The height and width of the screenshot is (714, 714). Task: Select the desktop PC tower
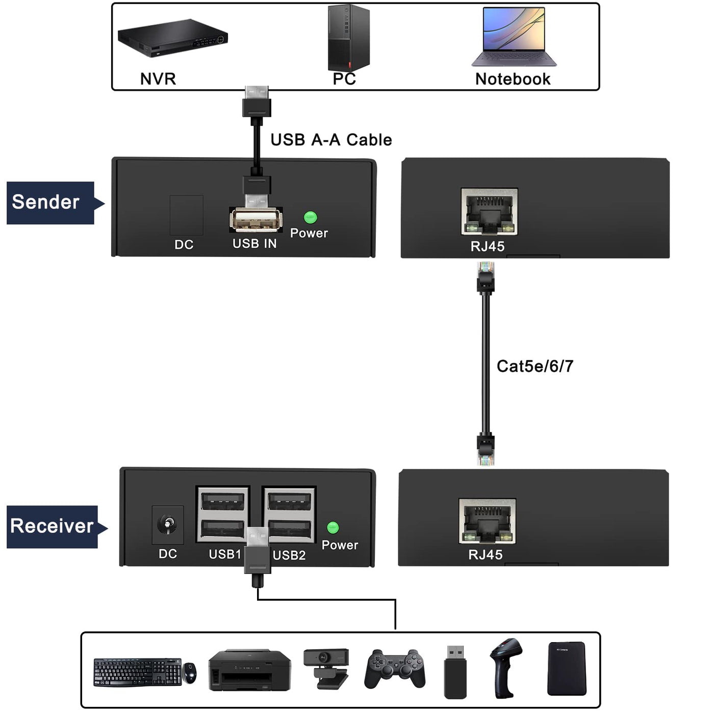pyautogui.click(x=348, y=38)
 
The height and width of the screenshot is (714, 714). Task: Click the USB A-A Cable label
pyautogui.click(x=331, y=140)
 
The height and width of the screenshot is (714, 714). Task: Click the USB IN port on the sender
pyautogui.click(x=256, y=220)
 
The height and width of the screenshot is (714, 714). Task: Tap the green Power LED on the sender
pyautogui.click(x=310, y=217)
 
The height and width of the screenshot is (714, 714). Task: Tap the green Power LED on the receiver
pyautogui.click(x=333, y=527)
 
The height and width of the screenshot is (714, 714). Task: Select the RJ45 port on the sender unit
pyautogui.click(x=489, y=211)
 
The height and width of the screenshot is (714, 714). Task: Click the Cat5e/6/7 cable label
pyautogui.click(x=535, y=366)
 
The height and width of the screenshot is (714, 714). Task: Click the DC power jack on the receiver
pyautogui.click(x=168, y=524)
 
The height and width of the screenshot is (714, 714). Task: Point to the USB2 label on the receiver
pyautogui.click(x=289, y=555)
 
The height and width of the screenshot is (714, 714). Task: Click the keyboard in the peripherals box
pyautogui.click(x=137, y=672)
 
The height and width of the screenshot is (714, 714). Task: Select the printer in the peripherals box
pyautogui.click(x=249, y=670)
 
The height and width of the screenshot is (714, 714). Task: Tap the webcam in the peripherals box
pyautogui.click(x=326, y=668)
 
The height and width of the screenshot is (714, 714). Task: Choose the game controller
pyautogui.click(x=395, y=669)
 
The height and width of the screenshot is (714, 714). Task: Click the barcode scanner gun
pyautogui.click(x=505, y=668)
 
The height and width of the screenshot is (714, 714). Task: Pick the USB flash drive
pyautogui.click(x=455, y=672)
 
